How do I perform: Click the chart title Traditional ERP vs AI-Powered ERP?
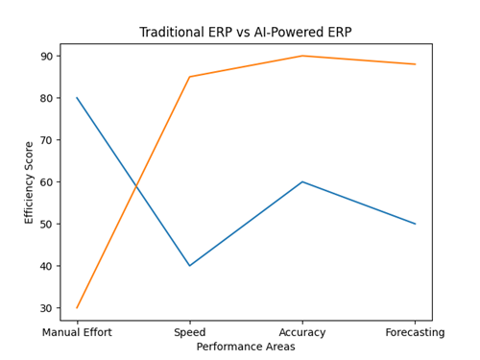tap(246, 32)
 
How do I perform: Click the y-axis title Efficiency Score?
tap(29, 182)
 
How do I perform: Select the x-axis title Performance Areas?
tap(246, 347)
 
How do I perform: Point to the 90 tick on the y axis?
tap(46, 56)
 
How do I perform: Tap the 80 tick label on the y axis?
tap(46, 98)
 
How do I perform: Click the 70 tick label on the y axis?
tap(46, 140)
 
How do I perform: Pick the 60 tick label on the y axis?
tap(46, 181)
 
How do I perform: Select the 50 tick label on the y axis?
tap(46, 224)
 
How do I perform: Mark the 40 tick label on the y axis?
tap(46, 266)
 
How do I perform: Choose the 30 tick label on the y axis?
tap(46, 308)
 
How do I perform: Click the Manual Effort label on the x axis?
tap(77, 333)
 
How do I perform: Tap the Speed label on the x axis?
tap(189, 333)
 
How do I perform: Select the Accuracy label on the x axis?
tap(302, 333)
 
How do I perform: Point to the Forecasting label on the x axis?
tap(415, 333)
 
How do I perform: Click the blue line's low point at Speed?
tap(189, 266)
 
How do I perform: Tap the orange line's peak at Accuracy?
tap(302, 56)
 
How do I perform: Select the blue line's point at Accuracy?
tap(302, 181)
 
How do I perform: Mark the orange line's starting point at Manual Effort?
tap(77, 308)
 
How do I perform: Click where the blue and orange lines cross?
tap(136, 186)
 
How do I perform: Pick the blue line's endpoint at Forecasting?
tap(415, 224)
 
